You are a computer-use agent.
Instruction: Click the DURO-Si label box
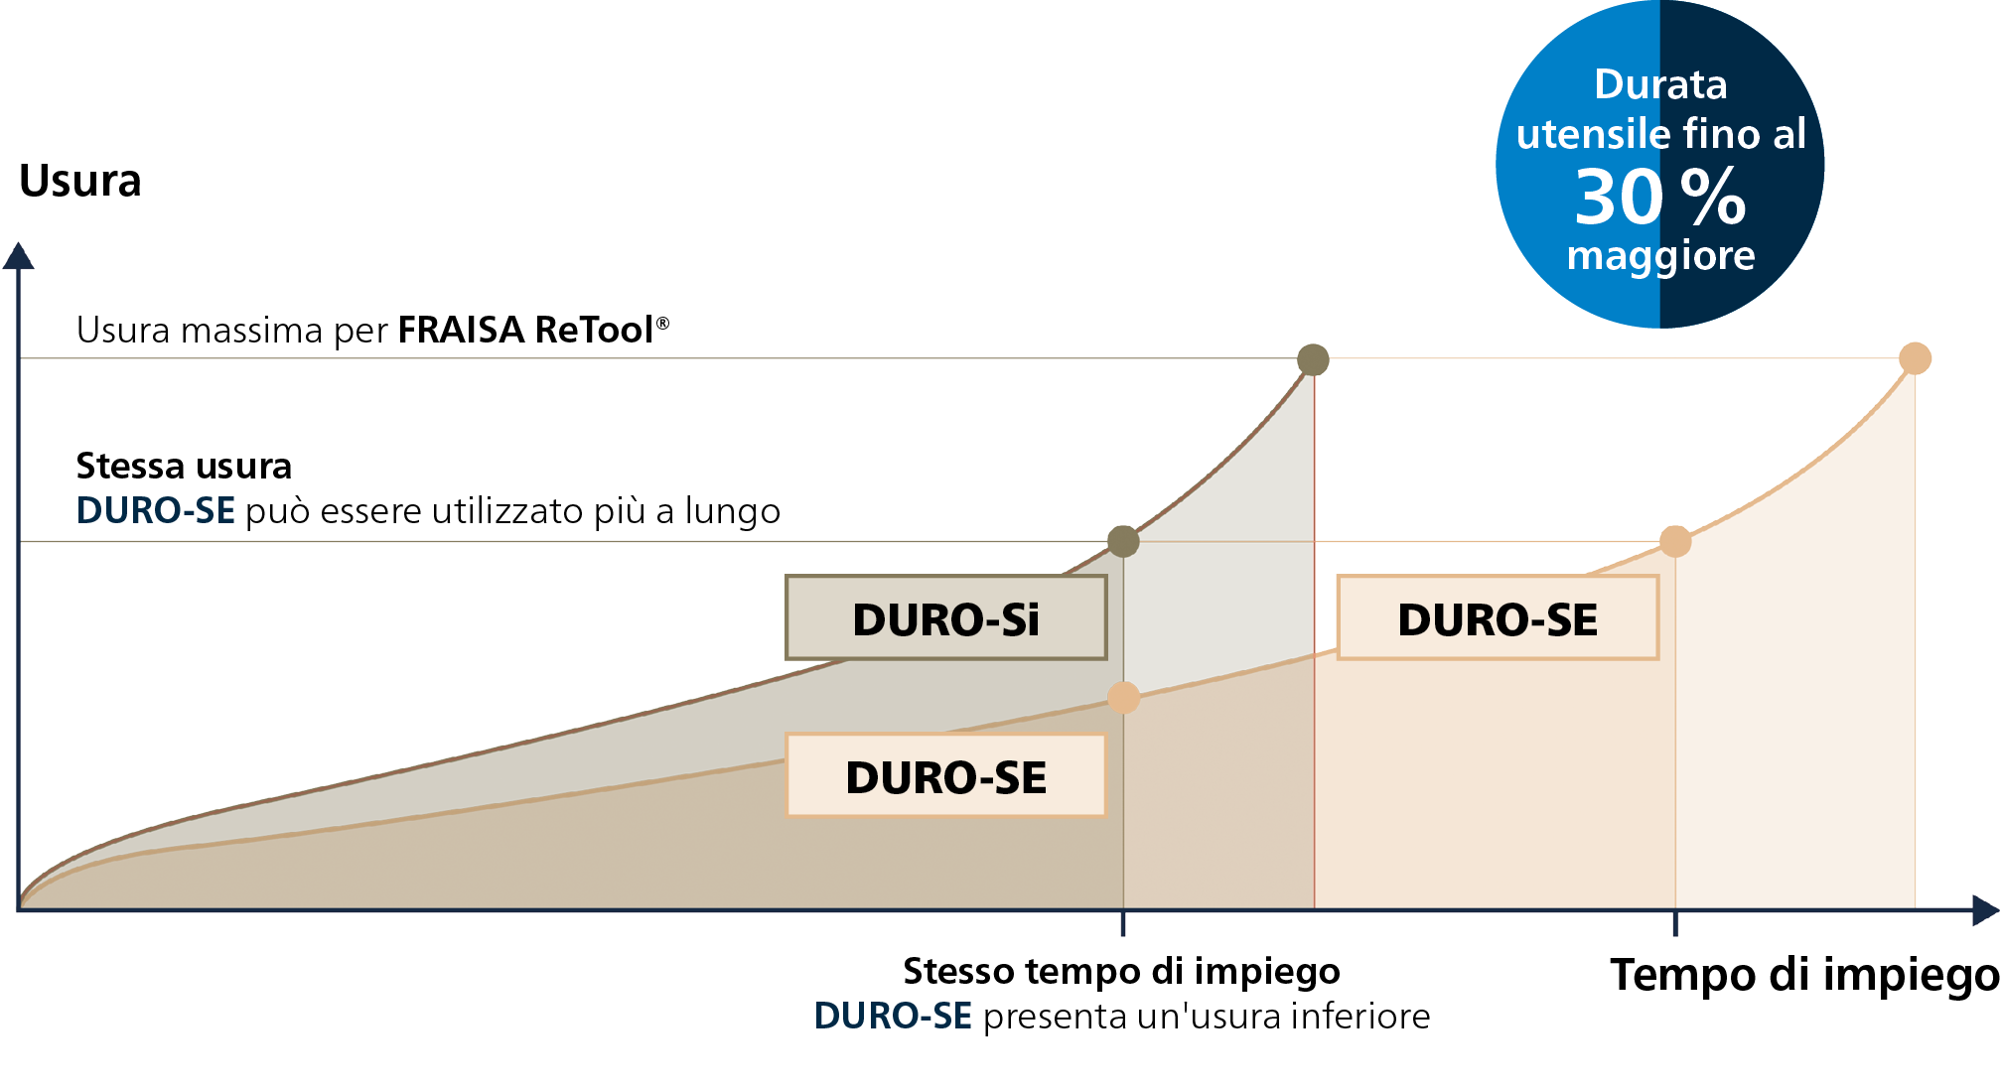pos(945,617)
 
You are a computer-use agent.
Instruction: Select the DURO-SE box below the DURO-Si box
pos(945,775)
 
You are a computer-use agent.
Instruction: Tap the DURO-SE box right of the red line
pos(1498,617)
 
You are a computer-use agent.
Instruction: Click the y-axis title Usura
pos(80,181)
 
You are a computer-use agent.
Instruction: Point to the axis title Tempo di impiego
pos(1804,976)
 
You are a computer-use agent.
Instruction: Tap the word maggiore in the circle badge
pos(1660,257)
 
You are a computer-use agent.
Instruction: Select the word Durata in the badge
pos(1660,84)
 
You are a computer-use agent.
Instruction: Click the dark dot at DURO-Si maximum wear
pos(1313,359)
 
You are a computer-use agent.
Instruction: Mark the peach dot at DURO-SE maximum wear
pos(1915,358)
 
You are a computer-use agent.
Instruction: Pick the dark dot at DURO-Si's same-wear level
pos(1123,541)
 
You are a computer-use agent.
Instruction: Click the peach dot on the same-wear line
pos(1675,541)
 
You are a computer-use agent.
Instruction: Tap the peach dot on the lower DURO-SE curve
pos(1123,698)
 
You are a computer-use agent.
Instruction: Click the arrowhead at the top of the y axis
pos(18,255)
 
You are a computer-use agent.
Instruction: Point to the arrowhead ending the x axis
pos(1985,909)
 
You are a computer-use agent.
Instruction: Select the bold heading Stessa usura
pos(184,466)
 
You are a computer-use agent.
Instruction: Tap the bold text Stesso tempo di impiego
pos(1121,971)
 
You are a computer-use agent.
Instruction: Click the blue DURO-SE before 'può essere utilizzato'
pos(156,510)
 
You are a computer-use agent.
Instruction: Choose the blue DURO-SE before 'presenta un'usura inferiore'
pos(893,1016)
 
